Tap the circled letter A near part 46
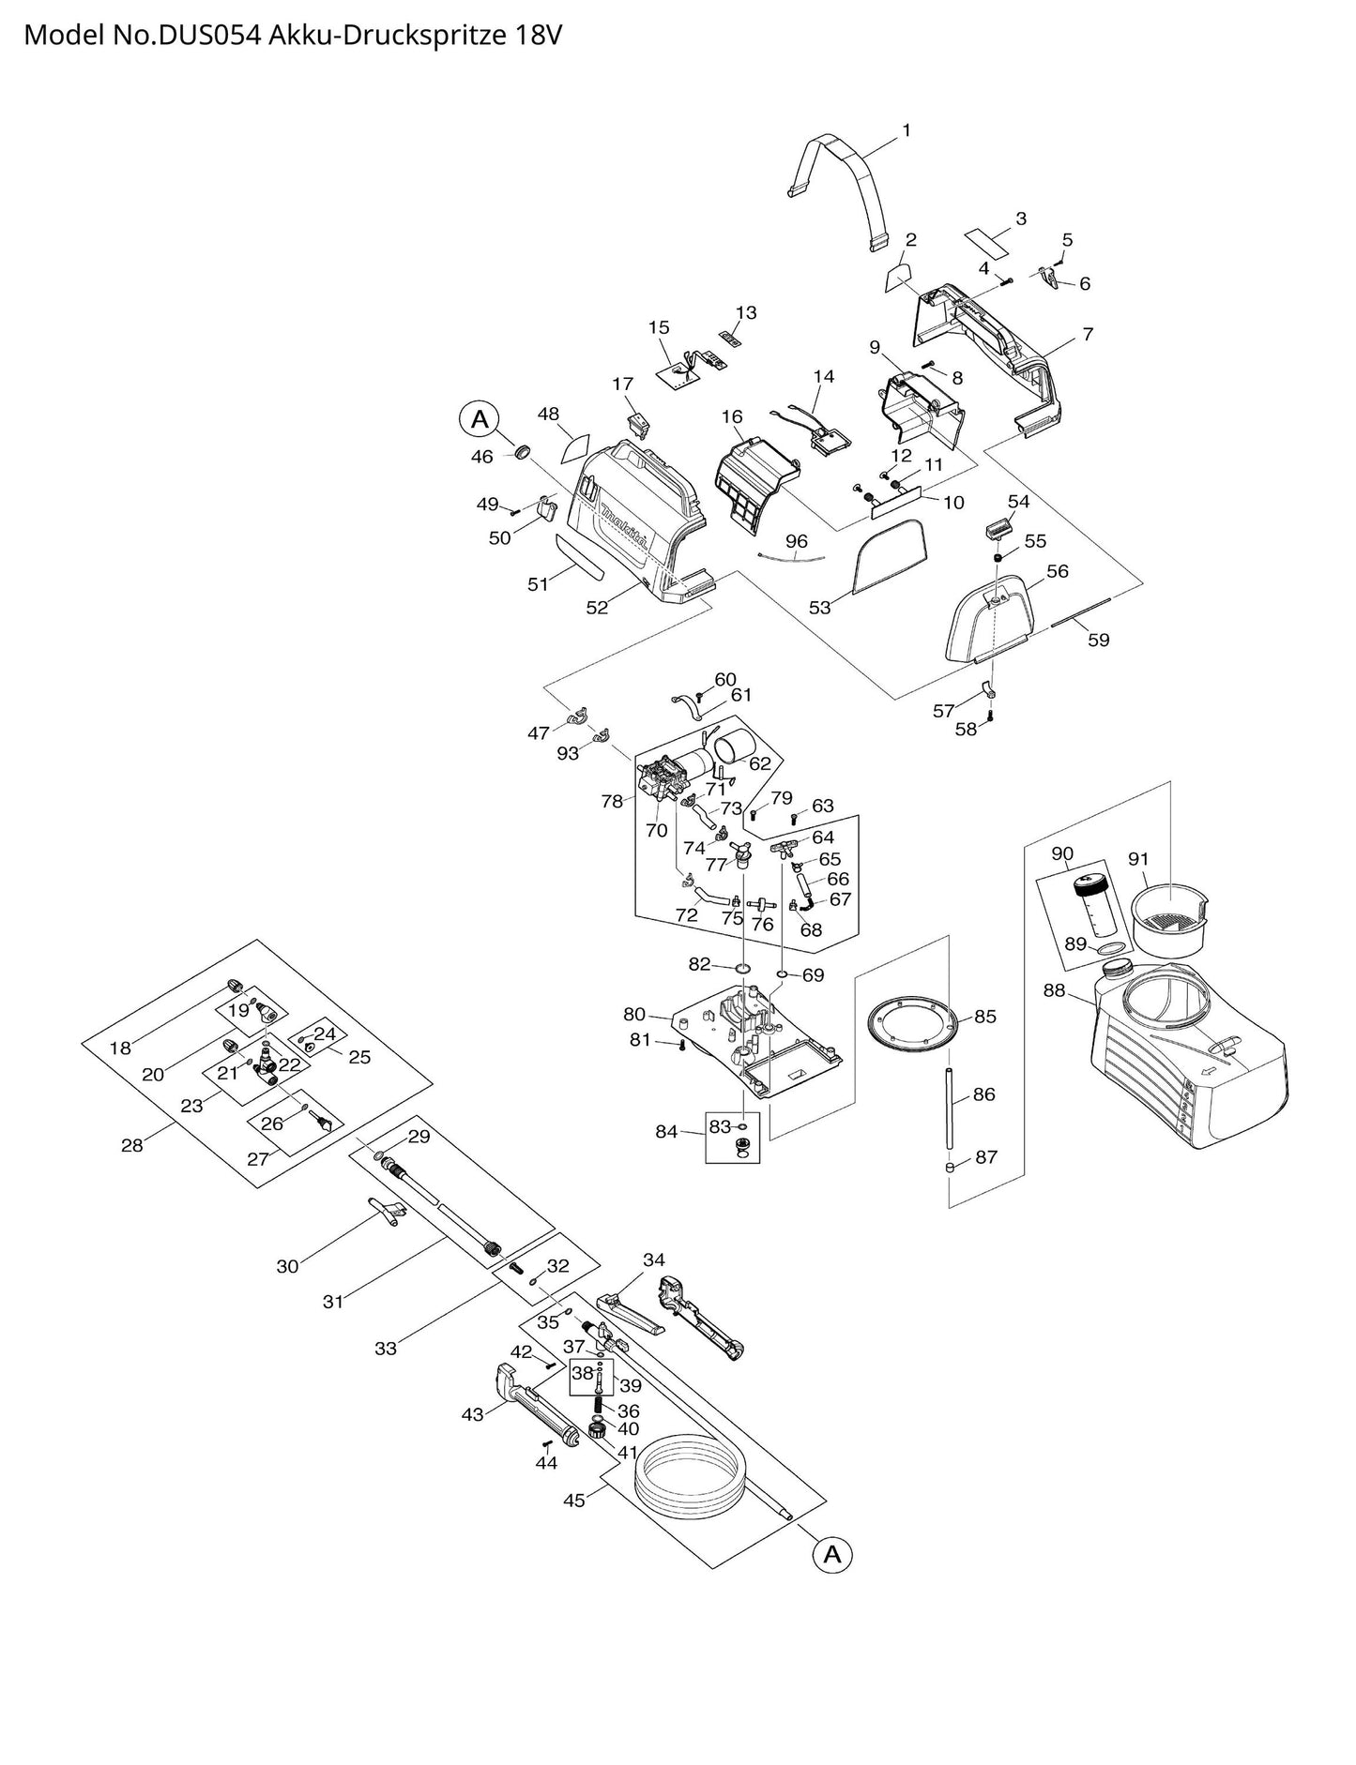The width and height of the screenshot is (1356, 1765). [480, 419]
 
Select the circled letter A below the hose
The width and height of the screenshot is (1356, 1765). [832, 1554]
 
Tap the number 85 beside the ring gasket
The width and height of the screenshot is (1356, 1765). [984, 1017]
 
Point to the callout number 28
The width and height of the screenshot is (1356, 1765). [132, 1144]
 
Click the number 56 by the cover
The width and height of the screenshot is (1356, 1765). [1058, 571]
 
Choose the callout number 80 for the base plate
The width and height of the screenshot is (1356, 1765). [635, 1014]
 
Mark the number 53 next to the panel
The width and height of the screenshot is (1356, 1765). [820, 608]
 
